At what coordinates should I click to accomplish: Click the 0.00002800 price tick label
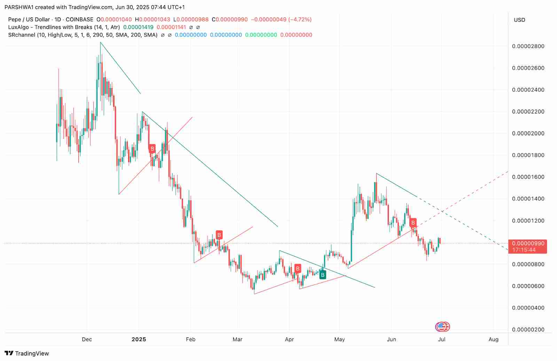(528, 46)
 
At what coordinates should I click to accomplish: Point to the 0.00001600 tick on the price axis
(528, 177)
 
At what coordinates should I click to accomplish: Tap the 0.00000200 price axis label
(528, 330)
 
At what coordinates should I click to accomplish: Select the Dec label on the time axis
(87, 339)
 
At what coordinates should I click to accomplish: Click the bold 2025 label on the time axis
(139, 339)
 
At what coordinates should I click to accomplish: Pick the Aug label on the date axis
(493, 339)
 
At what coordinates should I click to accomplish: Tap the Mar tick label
(237, 339)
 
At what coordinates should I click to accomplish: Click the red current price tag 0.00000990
(527, 243)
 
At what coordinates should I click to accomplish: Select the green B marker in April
(323, 275)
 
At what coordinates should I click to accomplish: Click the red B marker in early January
(152, 149)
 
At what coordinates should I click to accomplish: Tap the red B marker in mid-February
(219, 235)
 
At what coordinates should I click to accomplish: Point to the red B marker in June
(413, 223)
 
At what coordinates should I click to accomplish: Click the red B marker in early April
(298, 268)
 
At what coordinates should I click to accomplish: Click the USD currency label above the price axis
(519, 20)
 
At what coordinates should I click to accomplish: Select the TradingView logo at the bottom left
(27, 353)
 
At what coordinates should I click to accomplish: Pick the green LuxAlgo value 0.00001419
(138, 27)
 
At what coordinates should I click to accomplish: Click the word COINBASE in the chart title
(79, 19)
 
